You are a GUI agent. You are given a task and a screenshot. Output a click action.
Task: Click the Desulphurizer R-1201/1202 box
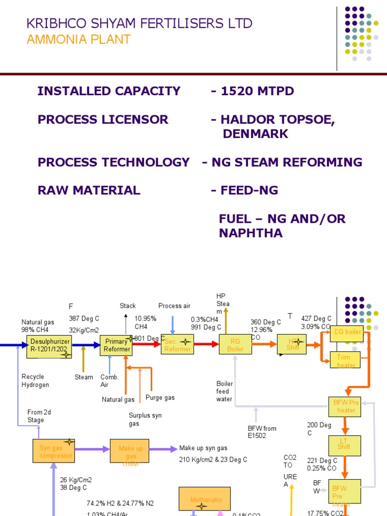pos(49,345)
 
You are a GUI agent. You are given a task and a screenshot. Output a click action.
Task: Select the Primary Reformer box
pos(116,345)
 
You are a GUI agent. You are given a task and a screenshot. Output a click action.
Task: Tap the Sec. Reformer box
pos(177,345)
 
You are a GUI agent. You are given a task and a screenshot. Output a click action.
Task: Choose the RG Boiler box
pos(235,345)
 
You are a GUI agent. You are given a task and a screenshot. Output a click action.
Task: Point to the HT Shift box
pos(292,344)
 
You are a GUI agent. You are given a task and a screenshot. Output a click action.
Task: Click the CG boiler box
pos(347,333)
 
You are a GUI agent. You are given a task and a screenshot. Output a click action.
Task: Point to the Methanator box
pos(205,498)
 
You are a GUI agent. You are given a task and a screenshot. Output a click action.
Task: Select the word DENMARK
pos(255,134)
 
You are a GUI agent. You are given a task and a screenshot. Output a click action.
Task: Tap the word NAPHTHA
pos(250,233)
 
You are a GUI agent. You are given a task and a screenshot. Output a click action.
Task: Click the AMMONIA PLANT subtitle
pos(78,39)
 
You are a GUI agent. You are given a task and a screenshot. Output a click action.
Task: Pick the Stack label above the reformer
pos(127,306)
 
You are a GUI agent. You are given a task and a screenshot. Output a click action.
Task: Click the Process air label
pos(174,306)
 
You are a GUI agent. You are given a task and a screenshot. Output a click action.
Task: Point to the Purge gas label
pos(160,398)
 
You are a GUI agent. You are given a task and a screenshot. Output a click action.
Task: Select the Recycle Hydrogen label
pos(35,380)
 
